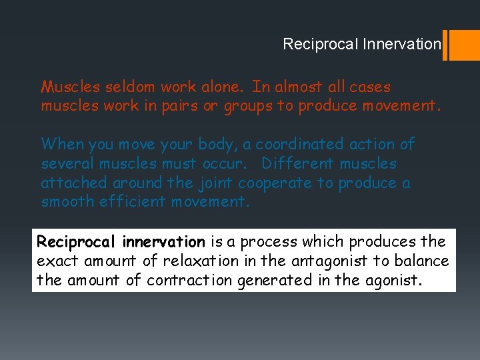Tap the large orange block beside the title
pos(465,45)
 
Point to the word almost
pos(296,87)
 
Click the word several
pos(68,163)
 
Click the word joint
pos(215,183)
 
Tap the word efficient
pos(133,202)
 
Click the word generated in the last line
pos(274,280)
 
